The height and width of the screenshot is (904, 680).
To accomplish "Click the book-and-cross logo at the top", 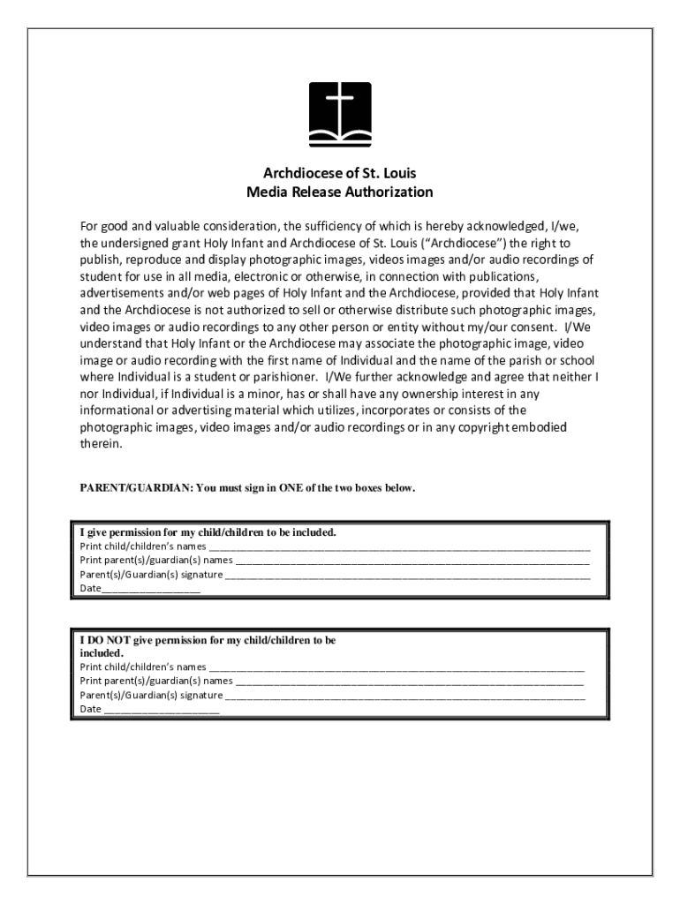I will click(x=339, y=114).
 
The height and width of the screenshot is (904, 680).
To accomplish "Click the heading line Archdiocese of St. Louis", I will click(x=339, y=173).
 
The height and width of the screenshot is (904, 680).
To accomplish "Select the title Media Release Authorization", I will click(x=339, y=192).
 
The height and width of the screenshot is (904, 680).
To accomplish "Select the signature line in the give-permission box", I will click(x=407, y=575).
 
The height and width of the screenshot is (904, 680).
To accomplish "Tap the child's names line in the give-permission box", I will click(x=399, y=546).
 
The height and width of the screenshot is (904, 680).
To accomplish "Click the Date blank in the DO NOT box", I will click(x=162, y=710).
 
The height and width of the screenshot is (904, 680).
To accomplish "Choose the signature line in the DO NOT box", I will click(x=404, y=696).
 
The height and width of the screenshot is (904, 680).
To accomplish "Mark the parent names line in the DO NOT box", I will click(x=410, y=682).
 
